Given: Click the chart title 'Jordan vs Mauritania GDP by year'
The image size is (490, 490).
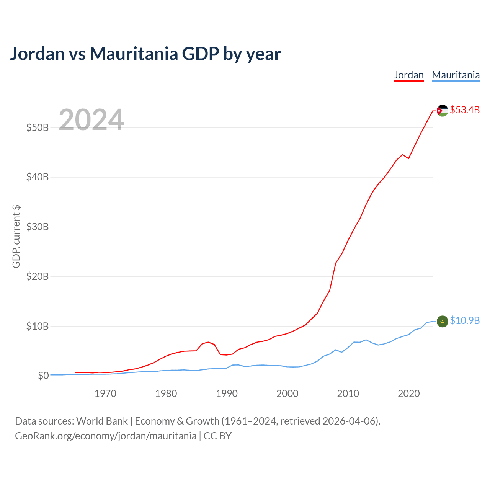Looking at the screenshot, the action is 145,54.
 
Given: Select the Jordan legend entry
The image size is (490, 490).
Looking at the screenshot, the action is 408,75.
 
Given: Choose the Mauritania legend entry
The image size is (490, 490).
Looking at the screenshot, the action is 456,75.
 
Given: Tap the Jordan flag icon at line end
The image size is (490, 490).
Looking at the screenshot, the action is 442,111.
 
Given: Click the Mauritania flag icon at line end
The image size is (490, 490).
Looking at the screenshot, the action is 442,322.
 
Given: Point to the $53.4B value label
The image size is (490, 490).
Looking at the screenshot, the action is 465,110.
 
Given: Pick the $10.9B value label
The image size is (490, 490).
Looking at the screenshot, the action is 465,320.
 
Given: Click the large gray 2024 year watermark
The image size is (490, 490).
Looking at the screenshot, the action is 91,119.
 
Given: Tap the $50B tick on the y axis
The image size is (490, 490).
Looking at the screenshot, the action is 38,127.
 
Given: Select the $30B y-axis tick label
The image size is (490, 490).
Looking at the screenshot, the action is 38,227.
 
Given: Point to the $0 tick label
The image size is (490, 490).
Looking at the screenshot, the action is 43,376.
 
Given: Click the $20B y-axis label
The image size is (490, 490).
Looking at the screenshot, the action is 38,276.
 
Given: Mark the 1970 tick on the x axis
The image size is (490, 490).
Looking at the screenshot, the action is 105,394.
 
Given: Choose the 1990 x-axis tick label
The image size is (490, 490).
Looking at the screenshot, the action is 227,394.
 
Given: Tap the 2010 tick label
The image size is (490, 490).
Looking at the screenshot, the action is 348,394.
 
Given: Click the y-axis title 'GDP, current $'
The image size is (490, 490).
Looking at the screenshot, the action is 16,237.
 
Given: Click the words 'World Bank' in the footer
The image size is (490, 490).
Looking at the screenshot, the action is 102,421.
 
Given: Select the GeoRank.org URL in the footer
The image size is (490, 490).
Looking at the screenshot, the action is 106,436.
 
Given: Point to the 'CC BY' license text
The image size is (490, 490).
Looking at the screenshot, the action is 218,436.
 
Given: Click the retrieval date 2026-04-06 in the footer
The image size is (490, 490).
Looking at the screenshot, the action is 350,421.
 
